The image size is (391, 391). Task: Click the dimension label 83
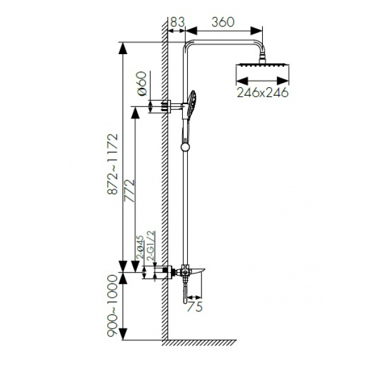(x=177, y=22)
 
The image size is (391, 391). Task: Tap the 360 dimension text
(x=223, y=22)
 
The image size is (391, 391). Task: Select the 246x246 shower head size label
(x=263, y=93)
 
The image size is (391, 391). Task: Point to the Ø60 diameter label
(x=142, y=83)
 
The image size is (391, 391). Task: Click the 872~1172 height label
(x=112, y=164)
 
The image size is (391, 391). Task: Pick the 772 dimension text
(x=130, y=191)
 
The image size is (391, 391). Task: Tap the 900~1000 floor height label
(x=112, y=306)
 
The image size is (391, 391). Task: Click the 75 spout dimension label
(x=194, y=307)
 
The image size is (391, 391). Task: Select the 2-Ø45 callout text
(x=140, y=247)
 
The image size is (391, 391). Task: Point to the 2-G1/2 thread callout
(x=151, y=246)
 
